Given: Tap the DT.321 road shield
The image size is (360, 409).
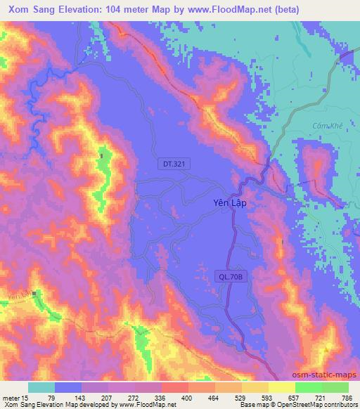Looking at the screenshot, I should tap(172, 164).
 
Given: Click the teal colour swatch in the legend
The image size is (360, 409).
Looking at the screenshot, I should tap(41, 387).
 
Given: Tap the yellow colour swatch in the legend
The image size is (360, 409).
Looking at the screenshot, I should tap(281, 387).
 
